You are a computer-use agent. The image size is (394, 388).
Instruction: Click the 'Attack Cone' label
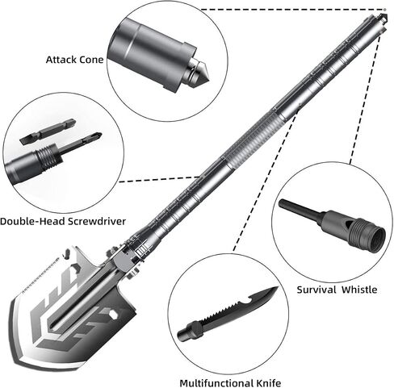tap(74, 60)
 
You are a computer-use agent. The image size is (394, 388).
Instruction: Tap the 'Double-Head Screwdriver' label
tap(63, 221)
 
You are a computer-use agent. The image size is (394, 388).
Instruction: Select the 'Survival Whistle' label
tap(337, 290)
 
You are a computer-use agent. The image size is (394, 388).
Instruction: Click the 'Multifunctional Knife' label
tap(230, 383)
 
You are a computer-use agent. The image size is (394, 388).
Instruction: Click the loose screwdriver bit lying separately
tap(48, 131)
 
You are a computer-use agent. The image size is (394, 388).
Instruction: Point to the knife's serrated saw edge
tap(220, 311)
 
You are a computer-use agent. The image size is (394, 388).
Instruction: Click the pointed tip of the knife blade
tap(277, 288)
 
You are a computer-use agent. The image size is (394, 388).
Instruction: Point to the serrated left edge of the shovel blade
tap(40, 275)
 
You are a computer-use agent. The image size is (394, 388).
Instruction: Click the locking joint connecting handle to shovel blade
tap(124, 262)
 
